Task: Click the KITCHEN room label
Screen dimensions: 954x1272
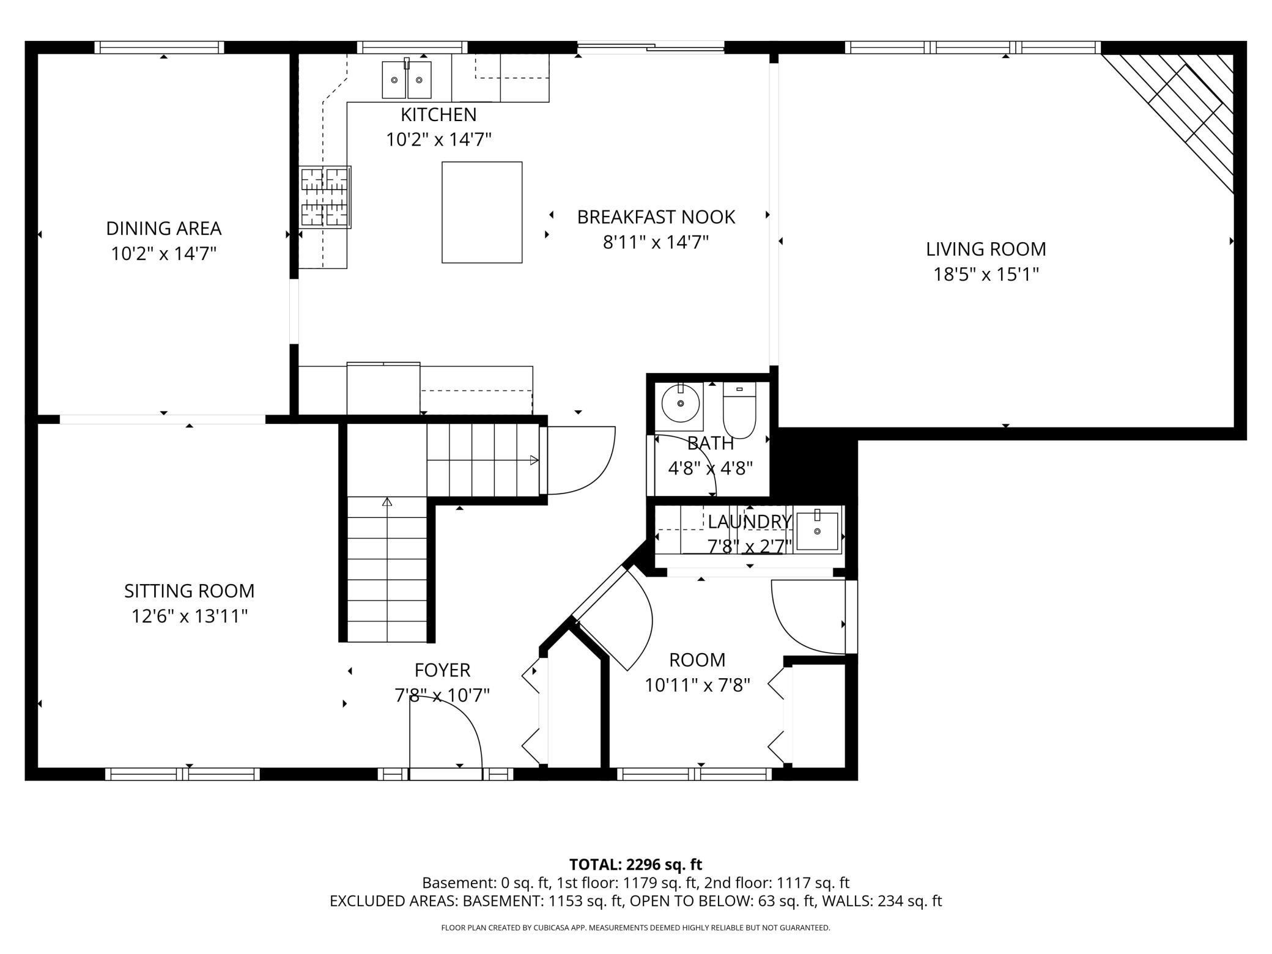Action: click(438, 114)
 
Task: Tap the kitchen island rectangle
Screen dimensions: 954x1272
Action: click(482, 212)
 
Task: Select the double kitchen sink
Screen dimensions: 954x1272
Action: click(407, 79)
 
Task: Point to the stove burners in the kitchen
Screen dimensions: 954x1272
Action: click(325, 197)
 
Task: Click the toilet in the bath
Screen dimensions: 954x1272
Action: click(739, 410)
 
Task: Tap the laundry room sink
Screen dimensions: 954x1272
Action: click(817, 531)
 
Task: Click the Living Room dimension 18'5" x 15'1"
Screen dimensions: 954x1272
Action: click(986, 274)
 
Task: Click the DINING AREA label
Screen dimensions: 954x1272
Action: click(163, 228)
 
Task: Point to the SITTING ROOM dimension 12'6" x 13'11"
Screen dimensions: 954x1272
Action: click(189, 616)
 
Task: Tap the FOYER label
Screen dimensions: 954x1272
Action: click(442, 670)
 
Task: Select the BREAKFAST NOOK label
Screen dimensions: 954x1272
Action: click(656, 217)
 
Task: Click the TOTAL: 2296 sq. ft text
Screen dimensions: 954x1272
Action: click(635, 864)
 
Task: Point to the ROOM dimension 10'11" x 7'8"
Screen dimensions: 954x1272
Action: click(697, 685)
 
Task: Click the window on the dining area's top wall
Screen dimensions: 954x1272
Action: click(160, 48)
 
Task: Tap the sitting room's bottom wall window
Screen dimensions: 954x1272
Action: click(182, 774)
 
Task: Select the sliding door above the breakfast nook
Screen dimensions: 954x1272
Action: click(651, 46)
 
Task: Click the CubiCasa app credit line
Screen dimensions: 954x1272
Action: click(635, 928)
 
